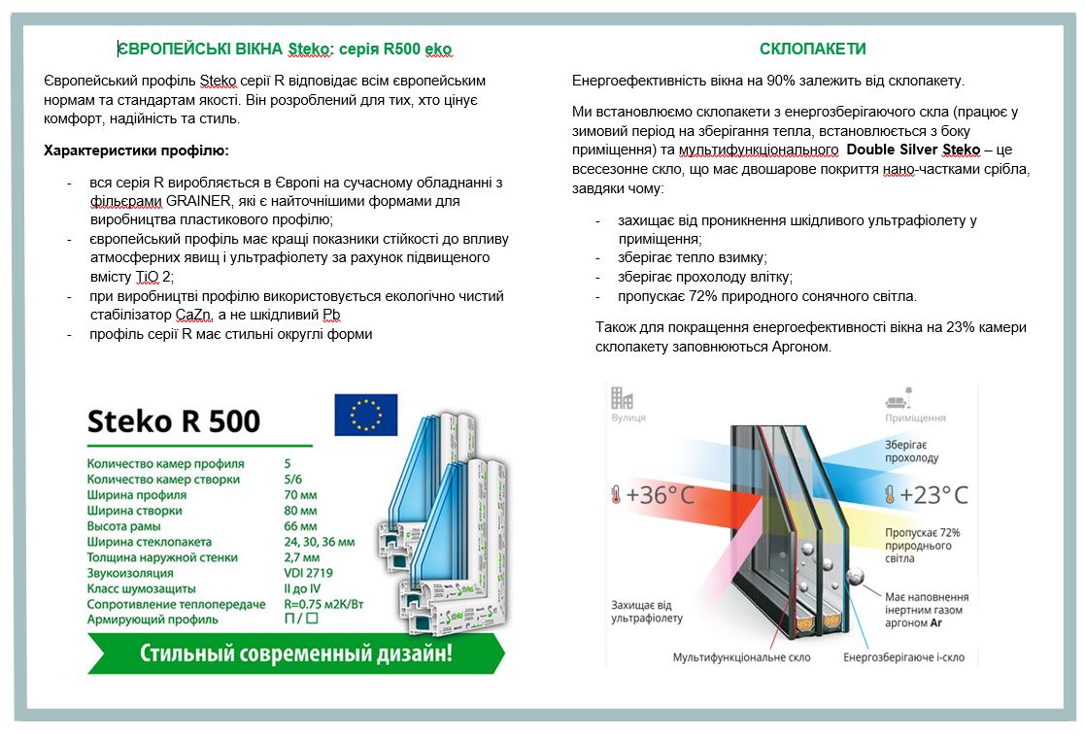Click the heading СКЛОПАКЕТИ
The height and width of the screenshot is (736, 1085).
click(812, 49)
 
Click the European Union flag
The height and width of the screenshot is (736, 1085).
click(365, 415)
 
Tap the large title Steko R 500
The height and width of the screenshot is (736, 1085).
click(174, 420)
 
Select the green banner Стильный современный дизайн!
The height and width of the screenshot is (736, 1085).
click(295, 652)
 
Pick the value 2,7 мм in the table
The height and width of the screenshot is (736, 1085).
click(300, 557)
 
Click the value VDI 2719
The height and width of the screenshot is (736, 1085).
click(306, 573)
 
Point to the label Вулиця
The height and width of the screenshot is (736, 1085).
click(628, 418)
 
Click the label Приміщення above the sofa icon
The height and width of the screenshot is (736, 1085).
click(915, 418)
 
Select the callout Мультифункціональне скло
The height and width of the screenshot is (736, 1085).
click(741, 657)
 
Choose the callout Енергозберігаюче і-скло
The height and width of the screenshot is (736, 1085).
click(903, 657)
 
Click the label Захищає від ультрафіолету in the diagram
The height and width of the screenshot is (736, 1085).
click(647, 611)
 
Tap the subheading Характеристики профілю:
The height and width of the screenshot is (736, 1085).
click(136, 151)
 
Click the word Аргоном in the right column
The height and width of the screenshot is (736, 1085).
click(803, 346)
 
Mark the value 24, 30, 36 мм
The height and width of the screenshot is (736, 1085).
click(319, 542)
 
